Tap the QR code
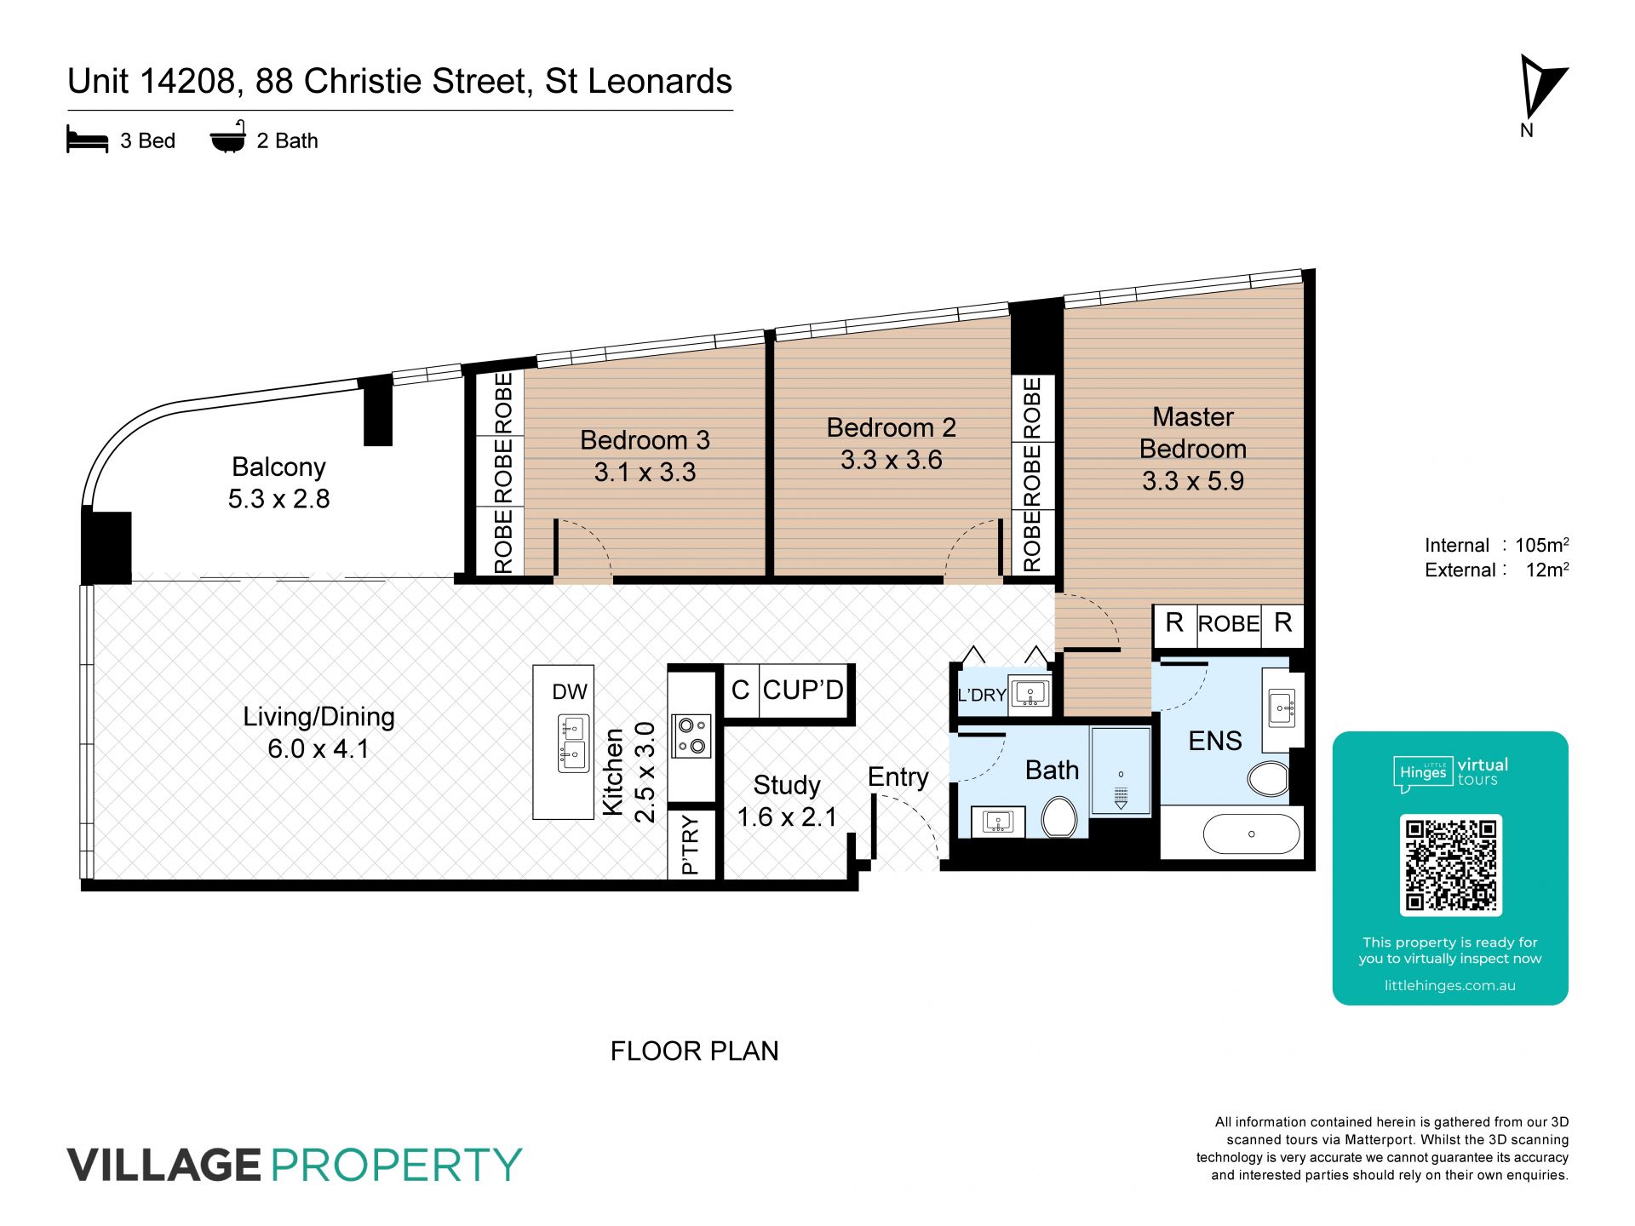click(x=1450, y=865)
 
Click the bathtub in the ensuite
click(x=1251, y=834)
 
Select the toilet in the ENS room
click(x=1269, y=778)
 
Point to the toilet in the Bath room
click(x=1059, y=817)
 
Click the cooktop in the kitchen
click(x=691, y=736)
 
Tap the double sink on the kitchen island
click(x=573, y=743)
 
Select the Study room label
click(x=787, y=785)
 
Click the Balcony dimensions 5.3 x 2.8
click(x=278, y=499)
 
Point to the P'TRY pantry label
click(x=691, y=845)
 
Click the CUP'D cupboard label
click(x=803, y=690)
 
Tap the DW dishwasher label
click(x=570, y=691)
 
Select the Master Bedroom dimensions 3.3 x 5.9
click(x=1193, y=481)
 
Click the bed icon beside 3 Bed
click(x=87, y=140)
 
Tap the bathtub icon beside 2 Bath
click(x=228, y=137)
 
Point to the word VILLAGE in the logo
click(x=163, y=1165)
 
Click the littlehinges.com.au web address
click(x=1450, y=985)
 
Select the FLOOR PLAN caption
click(x=694, y=1051)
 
